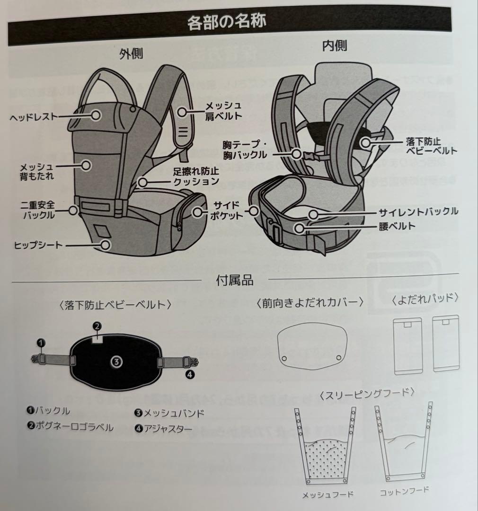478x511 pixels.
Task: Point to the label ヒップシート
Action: tap(37, 245)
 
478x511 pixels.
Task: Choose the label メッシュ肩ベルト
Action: tap(223, 110)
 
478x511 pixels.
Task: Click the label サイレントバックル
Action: tap(418, 211)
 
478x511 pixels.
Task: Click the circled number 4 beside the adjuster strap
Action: tap(190, 375)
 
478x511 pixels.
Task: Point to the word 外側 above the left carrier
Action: tap(131, 54)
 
